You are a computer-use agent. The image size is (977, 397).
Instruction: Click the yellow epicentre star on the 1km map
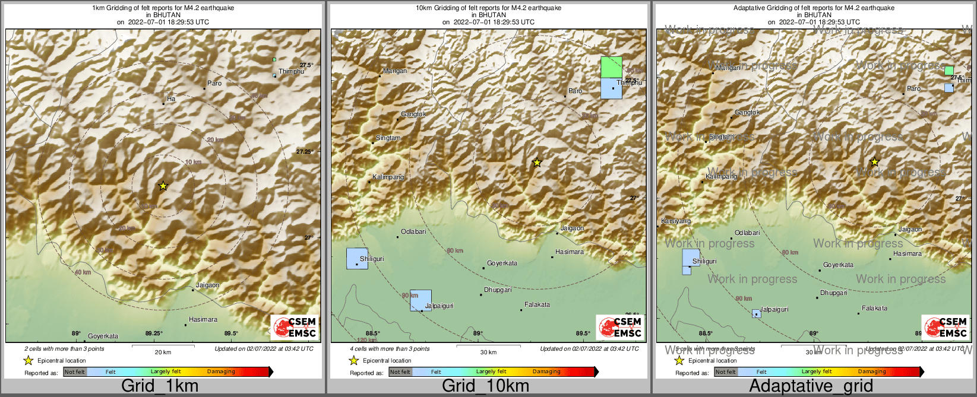(x=163, y=186)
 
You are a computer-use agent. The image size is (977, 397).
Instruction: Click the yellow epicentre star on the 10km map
(x=537, y=162)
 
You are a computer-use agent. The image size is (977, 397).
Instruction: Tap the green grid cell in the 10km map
(x=611, y=67)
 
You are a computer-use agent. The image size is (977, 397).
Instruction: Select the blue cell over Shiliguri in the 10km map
(x=357, y=258)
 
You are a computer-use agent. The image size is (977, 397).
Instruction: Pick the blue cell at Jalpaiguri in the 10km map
(x=420, y=300)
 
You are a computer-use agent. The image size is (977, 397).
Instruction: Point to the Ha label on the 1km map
(x=171, y=99)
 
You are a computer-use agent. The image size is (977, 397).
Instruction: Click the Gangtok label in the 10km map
(x=413, y=114)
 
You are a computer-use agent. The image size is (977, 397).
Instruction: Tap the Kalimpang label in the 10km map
(x=388, y=177)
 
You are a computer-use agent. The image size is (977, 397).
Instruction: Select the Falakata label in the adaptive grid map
(x=874, y=308)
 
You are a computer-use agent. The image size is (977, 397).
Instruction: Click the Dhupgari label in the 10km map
(x=498, y=290)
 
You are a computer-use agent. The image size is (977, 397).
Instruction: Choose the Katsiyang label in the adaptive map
(x=676, y=221)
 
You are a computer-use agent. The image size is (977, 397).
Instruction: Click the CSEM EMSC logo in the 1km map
(x=294, y=327)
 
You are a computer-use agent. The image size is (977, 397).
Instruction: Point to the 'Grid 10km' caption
(x=485, y=386)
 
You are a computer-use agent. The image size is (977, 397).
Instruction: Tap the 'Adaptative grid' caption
(x=811, y=386)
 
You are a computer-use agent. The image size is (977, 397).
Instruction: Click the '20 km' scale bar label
(x=163, y=352)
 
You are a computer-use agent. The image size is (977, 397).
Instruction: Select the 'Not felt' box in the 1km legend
(x=75, y=372)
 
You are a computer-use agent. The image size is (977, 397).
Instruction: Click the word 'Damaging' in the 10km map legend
(x=546, y=372)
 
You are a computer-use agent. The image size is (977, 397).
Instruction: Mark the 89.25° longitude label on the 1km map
(x=154, y=333)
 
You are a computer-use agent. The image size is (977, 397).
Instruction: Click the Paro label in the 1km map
(x=214, y=83)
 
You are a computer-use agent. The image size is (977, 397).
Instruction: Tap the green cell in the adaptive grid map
(x=949, y=71)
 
